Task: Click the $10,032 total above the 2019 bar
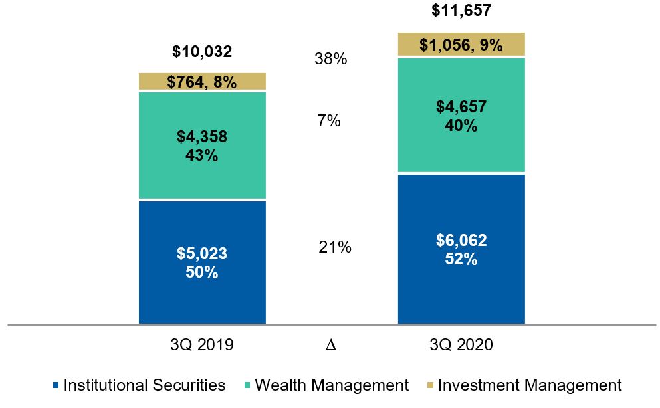tap(202, 52)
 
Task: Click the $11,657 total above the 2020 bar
tap(461, 11)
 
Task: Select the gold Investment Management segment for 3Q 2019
tap(202, 82)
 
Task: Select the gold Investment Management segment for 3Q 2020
tap(461, 45)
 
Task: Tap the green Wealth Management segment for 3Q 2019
tap(202, 146)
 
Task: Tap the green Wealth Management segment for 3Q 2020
tap(461, 116)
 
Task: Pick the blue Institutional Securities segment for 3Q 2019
tap(202, 262)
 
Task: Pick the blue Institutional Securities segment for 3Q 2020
tap(461, 249)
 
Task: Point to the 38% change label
tap(330, 59)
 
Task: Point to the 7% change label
tap(328, 121)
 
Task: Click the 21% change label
tap(334, 247)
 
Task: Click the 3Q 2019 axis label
tap(202, 345)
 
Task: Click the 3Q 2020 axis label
tap(461, 345)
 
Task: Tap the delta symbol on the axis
tap(330, 346)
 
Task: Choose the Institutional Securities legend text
tap(144, 385)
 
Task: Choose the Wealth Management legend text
tap(332, 385)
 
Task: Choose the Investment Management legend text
tap(530, 385)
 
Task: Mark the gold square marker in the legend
tap(431, 386)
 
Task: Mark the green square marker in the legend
tap(247, 386)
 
